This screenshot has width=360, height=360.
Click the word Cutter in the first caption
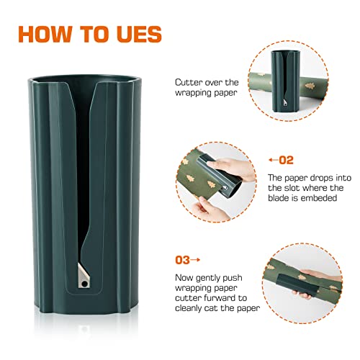click(x=187, y=83)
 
